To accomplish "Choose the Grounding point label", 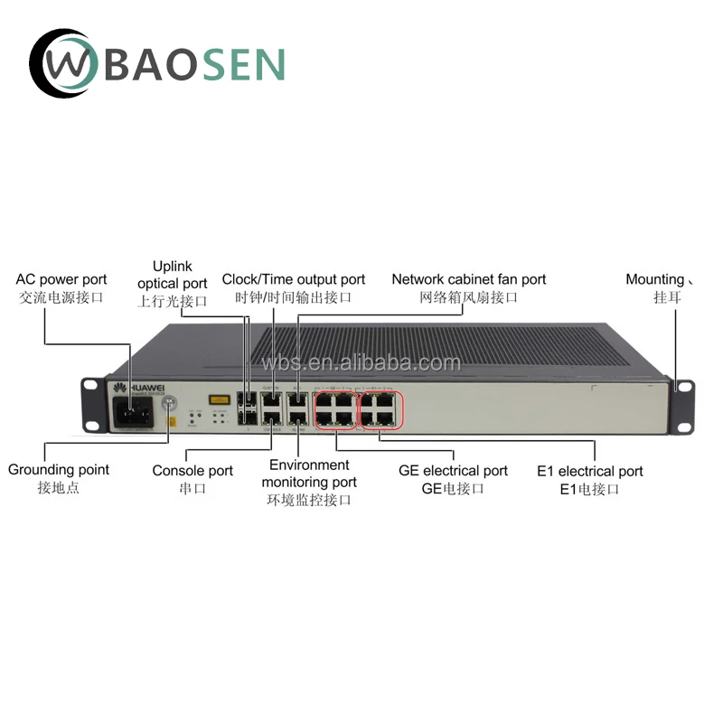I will (x=59, y=478).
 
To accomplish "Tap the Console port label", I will (x=192, y=479).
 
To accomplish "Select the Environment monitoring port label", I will (x=309, y=482).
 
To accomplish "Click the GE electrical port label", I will (x=453, y=479).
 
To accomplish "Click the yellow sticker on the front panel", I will (x=217, y=399).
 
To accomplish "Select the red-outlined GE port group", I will (x=335, y=408).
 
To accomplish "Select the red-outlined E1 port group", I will (x=381, y=408).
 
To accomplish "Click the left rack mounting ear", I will (x=90, y=401).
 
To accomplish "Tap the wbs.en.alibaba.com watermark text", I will (x=361, y=363).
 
